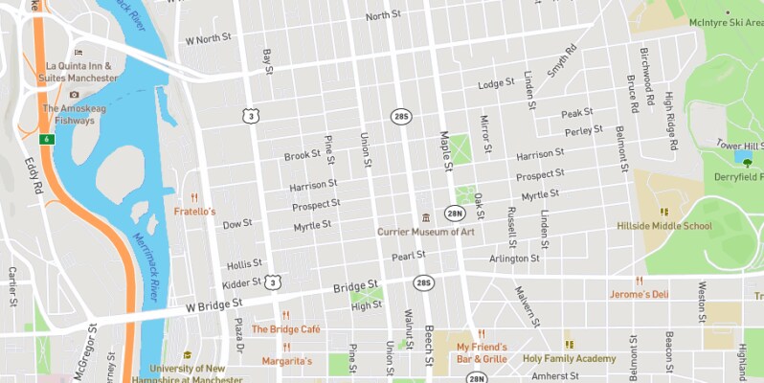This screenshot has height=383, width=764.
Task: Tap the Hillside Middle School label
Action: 663,226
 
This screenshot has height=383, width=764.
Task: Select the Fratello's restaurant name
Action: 194,211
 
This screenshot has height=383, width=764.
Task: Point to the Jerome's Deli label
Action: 639,294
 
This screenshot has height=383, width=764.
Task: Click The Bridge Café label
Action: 285,328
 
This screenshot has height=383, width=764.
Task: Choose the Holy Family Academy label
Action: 569,358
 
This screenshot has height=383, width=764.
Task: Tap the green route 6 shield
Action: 45,140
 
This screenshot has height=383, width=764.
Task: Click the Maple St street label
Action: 445,151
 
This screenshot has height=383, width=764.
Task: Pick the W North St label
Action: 209,39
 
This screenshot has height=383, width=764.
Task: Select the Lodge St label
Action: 496,84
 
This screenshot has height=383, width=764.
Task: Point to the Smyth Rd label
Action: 563,60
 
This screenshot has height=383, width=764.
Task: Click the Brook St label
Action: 302,155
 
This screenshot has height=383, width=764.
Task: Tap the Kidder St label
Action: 241,283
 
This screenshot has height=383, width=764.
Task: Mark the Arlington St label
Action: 515,259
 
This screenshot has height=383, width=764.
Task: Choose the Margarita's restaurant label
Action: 287,361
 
